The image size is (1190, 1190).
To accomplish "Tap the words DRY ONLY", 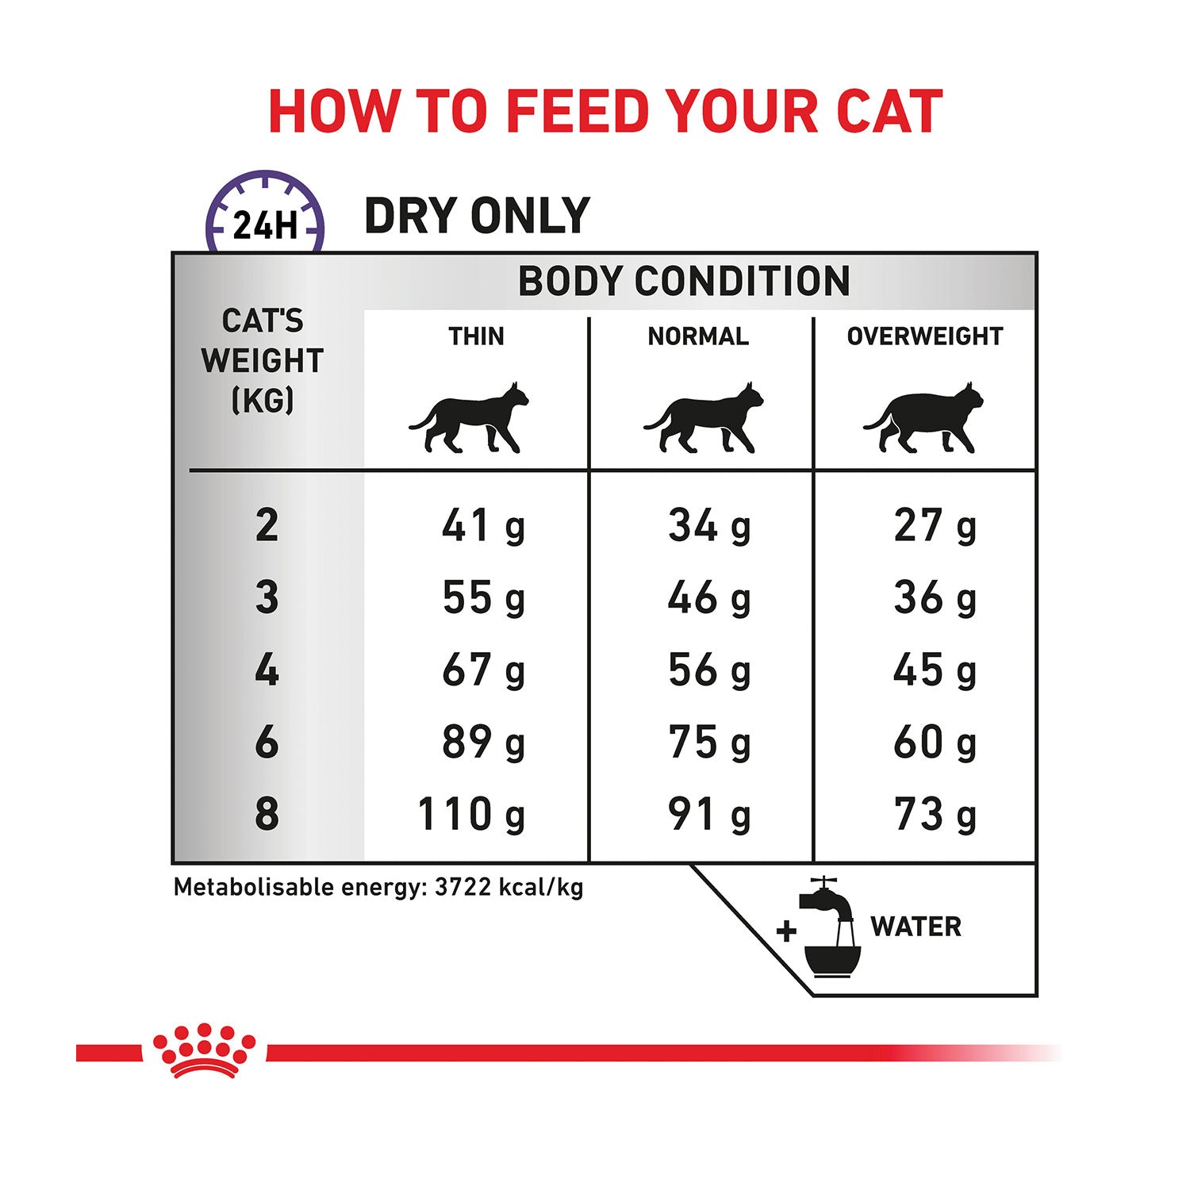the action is pyautogui.click(x=477, y=216).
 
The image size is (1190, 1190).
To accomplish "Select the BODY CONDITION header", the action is pyautogui.click(x=684, y=281).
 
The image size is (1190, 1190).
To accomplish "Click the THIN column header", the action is pyautogui.click(x=476, y=336).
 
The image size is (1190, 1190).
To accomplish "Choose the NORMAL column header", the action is pyautogui.click(x=698, y=336).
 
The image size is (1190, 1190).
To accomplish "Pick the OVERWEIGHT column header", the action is pyautogui.click(x=925, y=336).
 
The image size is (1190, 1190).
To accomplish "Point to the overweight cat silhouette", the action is pyautogui.click(x=923, y=417).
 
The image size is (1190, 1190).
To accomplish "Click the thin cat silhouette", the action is pyautogui.click(x=469, y=417).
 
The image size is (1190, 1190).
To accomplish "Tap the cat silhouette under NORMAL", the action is pyautogui.click(x=704, y=417).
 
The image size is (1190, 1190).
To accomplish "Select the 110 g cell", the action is pyautogui.click(x=471, y=815).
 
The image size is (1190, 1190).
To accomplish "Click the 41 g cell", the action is pyautogui.click(x=484, y=526).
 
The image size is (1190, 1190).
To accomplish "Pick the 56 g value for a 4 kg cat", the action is pyautogui.click(x=709, y=670).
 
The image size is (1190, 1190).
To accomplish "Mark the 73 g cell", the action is pyautogui.click(x=935, y=815).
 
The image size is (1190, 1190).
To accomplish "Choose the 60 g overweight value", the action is pyautogui.click(x=935, y=743).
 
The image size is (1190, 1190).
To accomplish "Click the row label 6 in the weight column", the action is pyautogui.click(x=267, y=743).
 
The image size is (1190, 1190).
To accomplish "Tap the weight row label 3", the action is pyautogui.click(x=267, y=597).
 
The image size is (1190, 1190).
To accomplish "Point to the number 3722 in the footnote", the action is pyautogui.click(x=463, y=887).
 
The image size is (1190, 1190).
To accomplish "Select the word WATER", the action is pyautogui.click(x=916, y=927).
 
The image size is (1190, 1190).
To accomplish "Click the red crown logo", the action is pyautogui.click(x=205, y=1050).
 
